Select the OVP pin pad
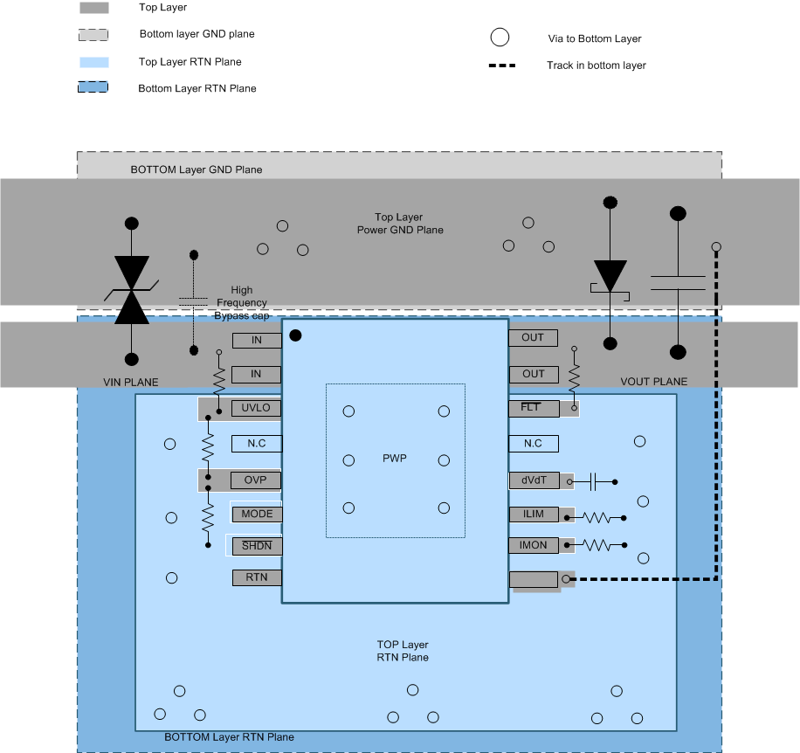[x=257, y=480]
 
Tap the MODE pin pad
[x=257, y=515]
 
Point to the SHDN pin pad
[x=257, y=546]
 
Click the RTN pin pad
[x=257, y=577]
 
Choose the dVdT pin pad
[x=534, y=480]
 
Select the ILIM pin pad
[x=534, y=515]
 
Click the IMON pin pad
[x=534, y=546]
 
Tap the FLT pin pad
[x=533, y=408]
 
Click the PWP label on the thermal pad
[x=396, y=459]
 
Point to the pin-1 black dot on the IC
[x=296, y=335]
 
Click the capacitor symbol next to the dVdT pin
[x=594, y=481]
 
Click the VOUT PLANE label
[x=653, y=382]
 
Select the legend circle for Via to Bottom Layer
[x=499, y=38]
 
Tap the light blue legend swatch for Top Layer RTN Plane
[x=93, y=62]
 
